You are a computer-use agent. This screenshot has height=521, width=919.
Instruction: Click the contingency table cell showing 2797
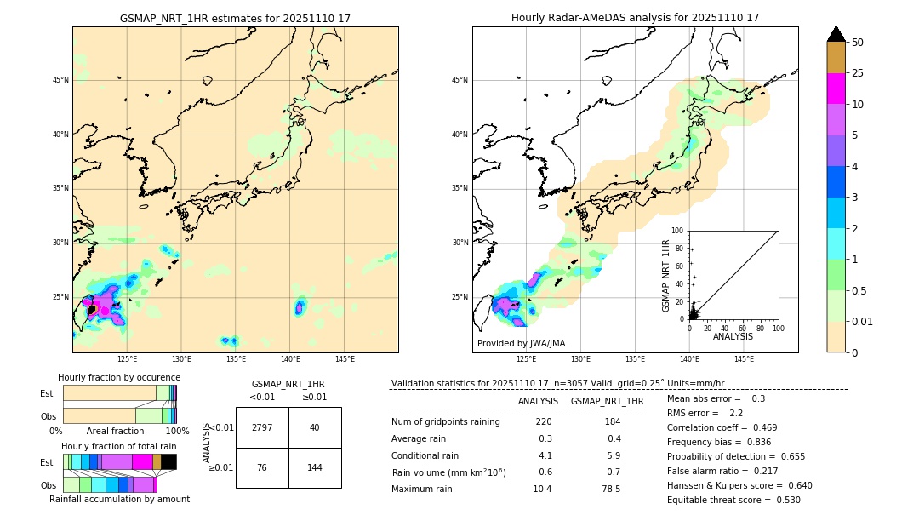tap(262, 427)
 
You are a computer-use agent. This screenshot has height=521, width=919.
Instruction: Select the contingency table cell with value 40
tap(315, 427)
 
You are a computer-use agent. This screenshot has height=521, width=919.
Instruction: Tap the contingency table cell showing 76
tap(262, 467)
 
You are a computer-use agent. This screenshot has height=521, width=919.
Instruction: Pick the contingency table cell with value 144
tap(315, 467)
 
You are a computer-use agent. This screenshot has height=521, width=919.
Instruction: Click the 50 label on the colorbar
tap(858, 43)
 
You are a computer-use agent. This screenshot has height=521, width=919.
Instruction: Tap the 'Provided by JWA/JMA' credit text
tap(521, 344)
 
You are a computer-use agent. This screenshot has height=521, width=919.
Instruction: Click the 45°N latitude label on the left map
tap(60, 80)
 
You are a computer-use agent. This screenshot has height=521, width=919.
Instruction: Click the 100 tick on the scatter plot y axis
tap(678, 231)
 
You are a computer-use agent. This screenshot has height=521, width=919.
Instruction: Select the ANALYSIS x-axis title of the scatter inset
tap(733, 337)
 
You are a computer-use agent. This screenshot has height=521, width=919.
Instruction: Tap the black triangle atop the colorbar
tap(836, 34)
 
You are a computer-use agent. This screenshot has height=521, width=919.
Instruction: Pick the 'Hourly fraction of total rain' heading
tap(119, 446)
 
